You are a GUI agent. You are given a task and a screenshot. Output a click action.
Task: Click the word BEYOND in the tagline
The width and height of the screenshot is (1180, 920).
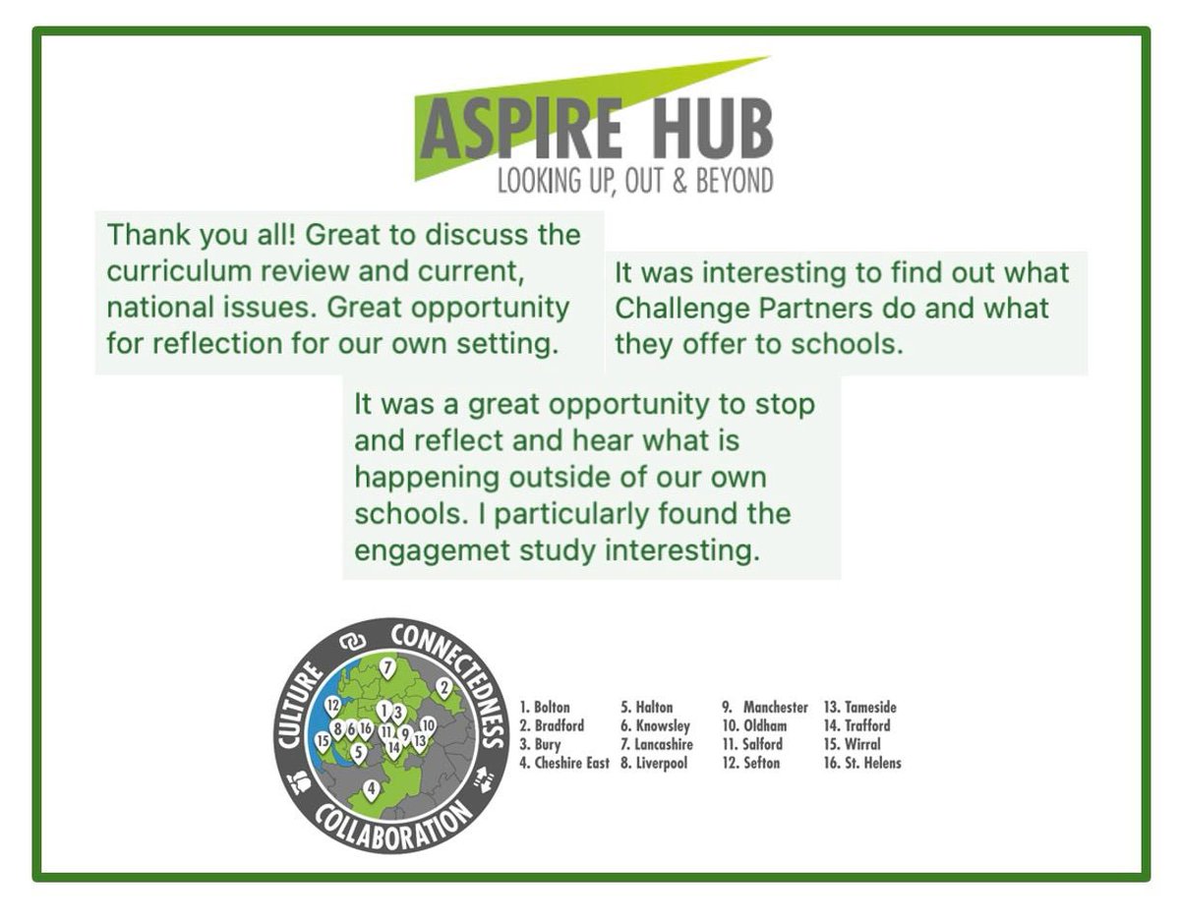(735, 181)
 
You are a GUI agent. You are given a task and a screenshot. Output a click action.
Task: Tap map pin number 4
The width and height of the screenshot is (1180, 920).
(371, 789)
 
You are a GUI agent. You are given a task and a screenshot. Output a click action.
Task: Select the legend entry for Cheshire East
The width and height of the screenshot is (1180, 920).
(564, 763)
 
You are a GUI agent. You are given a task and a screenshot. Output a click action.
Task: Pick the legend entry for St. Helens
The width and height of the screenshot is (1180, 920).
(862, 763)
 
